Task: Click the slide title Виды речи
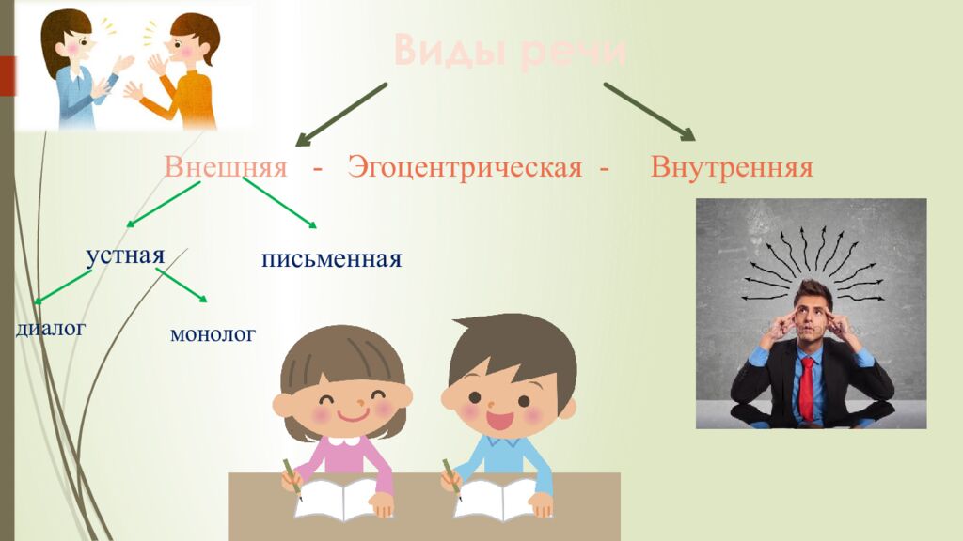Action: coord(509,51)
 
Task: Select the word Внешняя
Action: coord(225,168)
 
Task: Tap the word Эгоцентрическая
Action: coord(465,169)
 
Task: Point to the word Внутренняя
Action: coord(731,168)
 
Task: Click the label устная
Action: coord(125,255)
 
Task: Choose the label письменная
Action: coord(332,258)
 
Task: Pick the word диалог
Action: coord(51,328)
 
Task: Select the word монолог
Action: coord(213,333)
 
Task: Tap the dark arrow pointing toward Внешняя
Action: coord(341,114)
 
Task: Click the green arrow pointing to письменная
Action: coord(279,203)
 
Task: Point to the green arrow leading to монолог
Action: coord(181,284)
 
